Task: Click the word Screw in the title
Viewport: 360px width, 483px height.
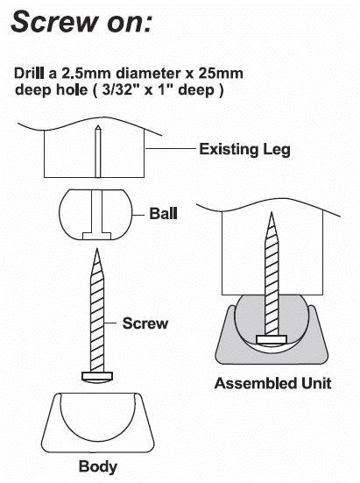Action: (53, 21)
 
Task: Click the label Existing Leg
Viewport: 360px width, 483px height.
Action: (245, 149)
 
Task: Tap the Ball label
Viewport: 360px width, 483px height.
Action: (164, 214)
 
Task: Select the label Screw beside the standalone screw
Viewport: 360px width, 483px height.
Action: (145, 323)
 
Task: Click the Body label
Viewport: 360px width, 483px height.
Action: (98, 466)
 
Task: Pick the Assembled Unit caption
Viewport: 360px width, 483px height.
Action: (272, 383)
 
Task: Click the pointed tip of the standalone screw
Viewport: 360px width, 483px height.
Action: (97, 249)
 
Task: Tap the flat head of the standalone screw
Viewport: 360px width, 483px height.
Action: (97, 377)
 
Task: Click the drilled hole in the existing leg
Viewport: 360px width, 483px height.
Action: (98, 152)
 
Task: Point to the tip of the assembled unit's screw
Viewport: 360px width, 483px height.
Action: (272, 212)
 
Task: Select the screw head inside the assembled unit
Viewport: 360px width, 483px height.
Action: (272, 339)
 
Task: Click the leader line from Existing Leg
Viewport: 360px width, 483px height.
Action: (171, 148)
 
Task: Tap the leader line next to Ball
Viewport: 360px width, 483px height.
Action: (138, 214)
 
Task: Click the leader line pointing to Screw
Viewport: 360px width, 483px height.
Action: (109, 323)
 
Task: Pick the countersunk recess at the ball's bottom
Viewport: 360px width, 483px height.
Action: (96, 236)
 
